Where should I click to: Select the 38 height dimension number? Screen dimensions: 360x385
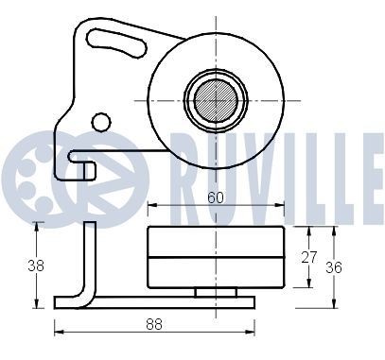pyautogui.click(x=36, y=266)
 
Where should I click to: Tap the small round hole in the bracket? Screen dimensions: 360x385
pyautogui.click(x=100, y=121)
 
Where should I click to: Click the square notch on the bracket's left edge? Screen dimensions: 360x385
pyautogui.click(x=86, y=170)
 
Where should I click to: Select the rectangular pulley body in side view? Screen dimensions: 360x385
pyautogui.click(x=216, y=257)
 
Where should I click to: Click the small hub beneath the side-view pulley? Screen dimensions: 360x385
pyautogui.click(x=216, y=292)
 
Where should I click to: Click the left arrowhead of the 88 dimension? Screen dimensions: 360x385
pyautogui.click(x=58, y=331)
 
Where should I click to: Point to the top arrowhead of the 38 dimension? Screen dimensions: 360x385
pyautogui.click(x=37, y=225)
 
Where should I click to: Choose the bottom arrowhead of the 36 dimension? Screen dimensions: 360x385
pyautogui.click(x=336, y=304)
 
